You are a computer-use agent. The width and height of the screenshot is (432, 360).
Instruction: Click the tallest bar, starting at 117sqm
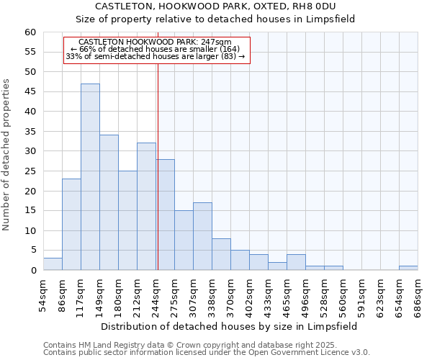[90, 177]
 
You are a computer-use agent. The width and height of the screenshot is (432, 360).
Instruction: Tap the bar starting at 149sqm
[109, 202]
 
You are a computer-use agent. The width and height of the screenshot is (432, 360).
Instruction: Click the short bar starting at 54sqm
[53, 264]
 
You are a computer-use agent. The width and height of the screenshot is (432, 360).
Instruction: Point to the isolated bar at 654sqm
[408, 268]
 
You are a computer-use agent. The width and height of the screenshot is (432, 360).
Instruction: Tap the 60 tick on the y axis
[30, 32]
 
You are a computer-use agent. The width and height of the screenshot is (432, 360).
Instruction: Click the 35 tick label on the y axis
[30, 132]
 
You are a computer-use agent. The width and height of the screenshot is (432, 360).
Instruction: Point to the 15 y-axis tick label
[30, 211]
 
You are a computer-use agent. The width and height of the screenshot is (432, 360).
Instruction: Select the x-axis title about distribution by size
[229, 326]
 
